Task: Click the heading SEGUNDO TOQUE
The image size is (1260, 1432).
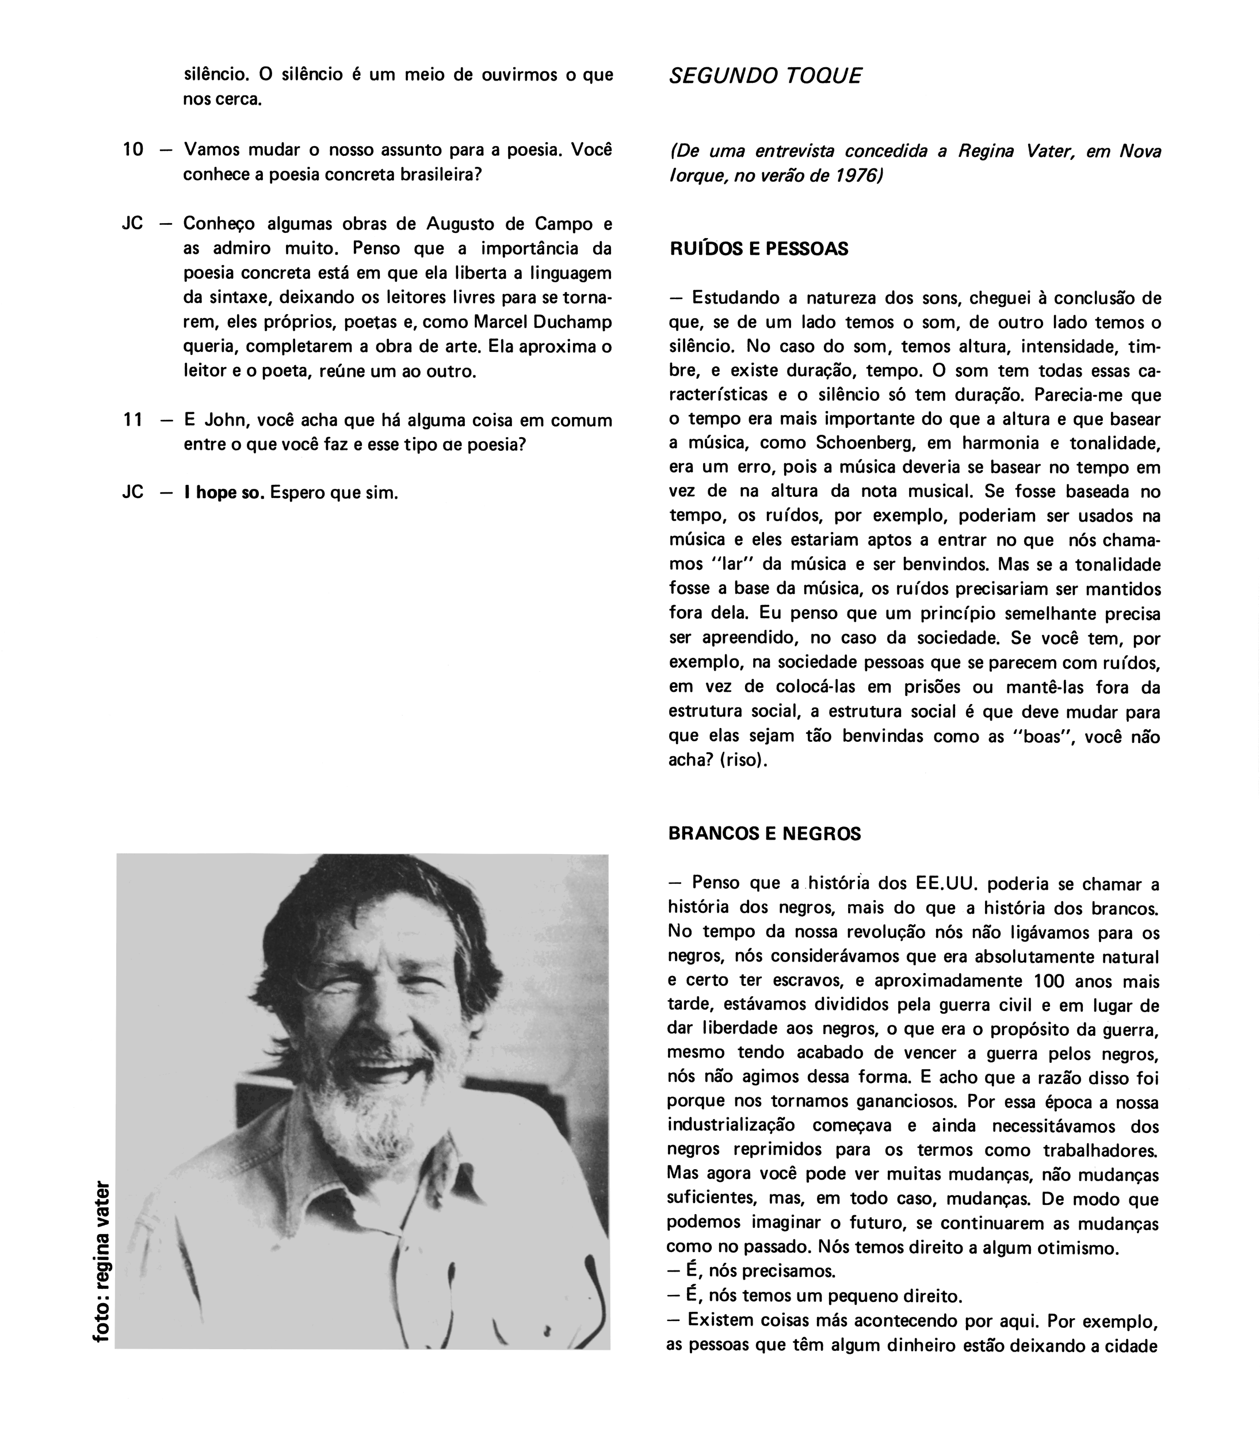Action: (765, 76)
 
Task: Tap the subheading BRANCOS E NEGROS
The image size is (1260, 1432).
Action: (764, 834)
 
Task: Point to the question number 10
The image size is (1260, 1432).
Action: (132, 149)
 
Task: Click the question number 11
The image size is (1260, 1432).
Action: (132, 420)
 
